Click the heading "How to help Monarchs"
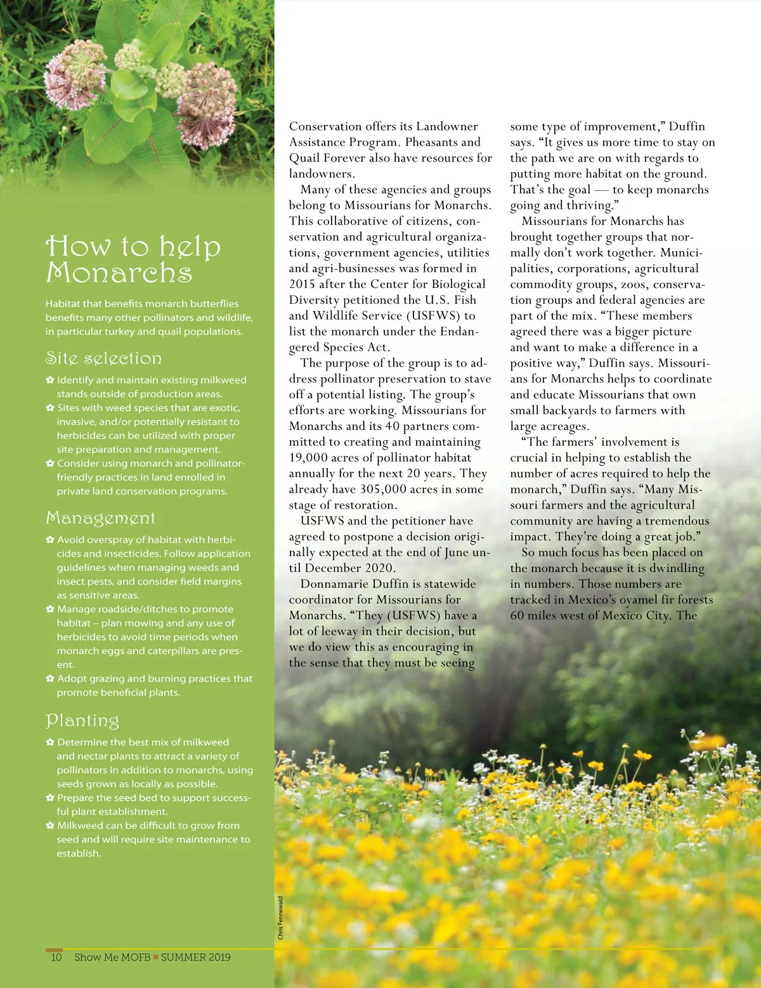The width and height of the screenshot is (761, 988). pyautogui.click(x=133, y=259)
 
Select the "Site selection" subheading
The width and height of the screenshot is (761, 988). pyautogui.click(x=103, y=358)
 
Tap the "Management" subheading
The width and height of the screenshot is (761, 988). pyautogui.click(x=100, y=518)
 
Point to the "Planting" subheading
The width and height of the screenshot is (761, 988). pyautogui.click(x=82, y=720)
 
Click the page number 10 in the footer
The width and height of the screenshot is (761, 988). pyautogui.click(x=56, y=957)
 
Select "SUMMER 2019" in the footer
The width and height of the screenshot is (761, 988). pyautogui.click(x=195, y=957)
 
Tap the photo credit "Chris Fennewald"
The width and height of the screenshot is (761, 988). pyautogui.click(x=280, y=918)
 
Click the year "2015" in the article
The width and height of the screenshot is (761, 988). pyautogui.click(x=302, y=284)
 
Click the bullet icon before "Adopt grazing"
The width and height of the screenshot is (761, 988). pyautogui.click(x=49, y=679)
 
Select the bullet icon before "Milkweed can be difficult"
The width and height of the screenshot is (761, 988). pyautogui.click(x=49, y=826)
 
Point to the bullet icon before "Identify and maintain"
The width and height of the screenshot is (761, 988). pyautogui.click(x=49, y=380)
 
